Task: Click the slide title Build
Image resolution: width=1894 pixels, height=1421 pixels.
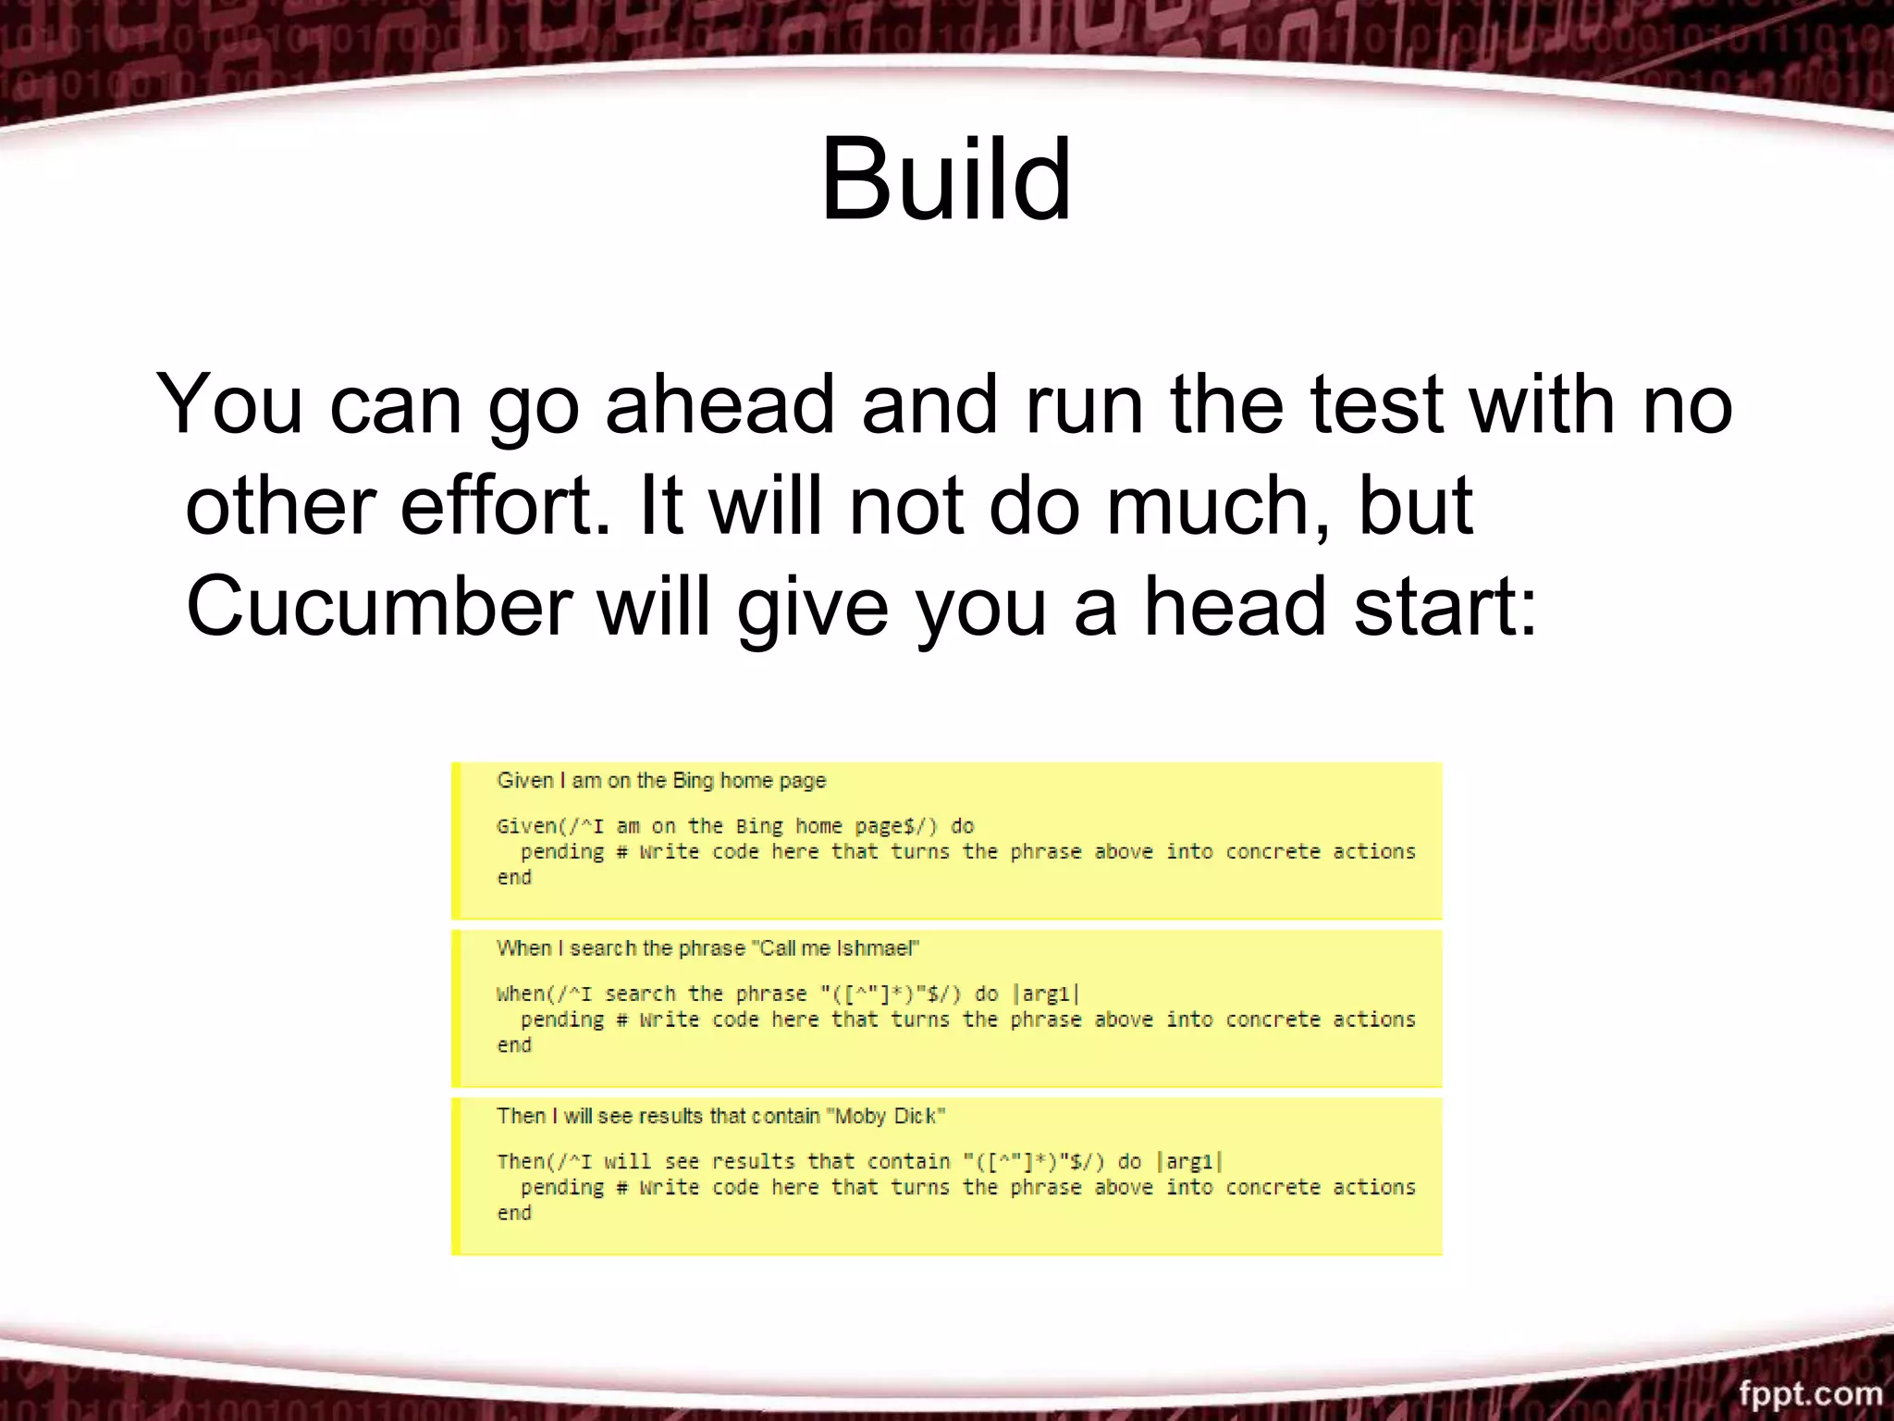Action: coord(945,179)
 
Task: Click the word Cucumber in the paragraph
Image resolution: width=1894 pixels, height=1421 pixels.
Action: coord(379,607)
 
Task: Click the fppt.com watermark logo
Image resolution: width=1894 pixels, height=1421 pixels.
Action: coord(1809,1392)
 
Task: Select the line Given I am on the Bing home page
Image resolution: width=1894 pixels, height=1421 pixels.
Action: coord(661,781)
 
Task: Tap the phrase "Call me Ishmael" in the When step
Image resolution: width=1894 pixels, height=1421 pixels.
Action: coord(837,948)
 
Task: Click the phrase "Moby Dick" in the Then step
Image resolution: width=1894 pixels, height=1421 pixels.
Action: coord(889,1117)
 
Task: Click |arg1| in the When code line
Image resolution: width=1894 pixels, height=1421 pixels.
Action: coord(1047,995)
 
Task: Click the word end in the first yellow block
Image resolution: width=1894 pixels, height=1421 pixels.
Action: coord(514,878)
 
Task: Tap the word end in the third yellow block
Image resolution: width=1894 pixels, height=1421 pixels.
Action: coord(514,1214)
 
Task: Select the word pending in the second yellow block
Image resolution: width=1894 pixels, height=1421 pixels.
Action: coord(561,1020)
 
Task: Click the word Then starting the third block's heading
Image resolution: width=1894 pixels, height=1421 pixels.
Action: coord(521,1117)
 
